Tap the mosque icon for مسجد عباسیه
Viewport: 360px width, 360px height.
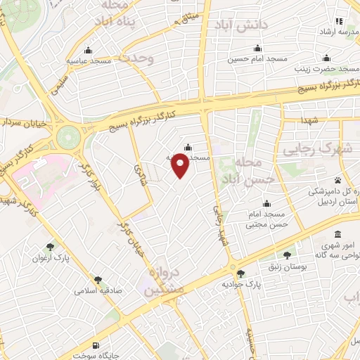point(88,50)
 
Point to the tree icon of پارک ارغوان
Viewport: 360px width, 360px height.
point(50,247)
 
